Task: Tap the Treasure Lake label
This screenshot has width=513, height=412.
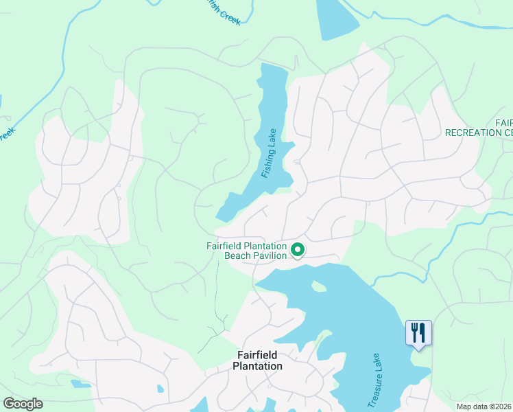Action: coord(373,380)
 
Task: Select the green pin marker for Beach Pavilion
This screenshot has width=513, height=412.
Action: coord(298,251)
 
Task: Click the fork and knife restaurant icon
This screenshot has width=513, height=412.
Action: coord(418,333)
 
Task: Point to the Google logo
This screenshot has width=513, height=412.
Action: coord(23,404)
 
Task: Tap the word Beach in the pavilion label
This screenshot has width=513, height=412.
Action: coord(238,256)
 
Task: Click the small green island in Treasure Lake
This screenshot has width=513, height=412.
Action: coord(318,286)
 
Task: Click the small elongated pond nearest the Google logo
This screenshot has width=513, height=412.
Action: coord(80,383)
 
